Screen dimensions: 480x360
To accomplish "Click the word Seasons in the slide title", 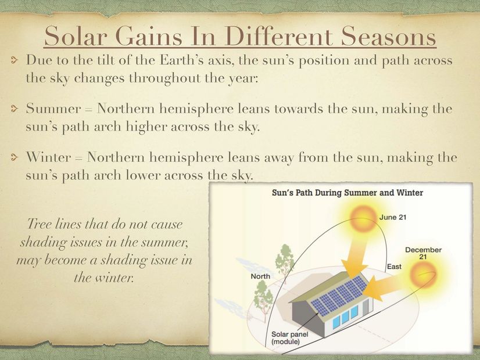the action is (x=388, y=36).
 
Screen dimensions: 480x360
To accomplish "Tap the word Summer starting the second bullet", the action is (x=53, y=109).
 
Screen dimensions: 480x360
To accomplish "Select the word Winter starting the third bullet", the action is (x=49, y=157).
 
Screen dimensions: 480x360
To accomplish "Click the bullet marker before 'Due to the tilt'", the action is (x=14, y=60).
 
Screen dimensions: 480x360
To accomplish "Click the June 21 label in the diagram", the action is (x=393, y=217).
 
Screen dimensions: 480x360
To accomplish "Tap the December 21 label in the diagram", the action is (x=424, y=253).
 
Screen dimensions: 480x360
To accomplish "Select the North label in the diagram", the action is (x=260, y=276).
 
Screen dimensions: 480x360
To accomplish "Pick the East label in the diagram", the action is (x=394, y=267).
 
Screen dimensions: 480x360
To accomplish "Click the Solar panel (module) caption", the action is (x=289, y=338).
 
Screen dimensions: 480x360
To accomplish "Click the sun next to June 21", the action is (x=363, y=218).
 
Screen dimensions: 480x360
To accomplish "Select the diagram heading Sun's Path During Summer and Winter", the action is (x=348, y=193).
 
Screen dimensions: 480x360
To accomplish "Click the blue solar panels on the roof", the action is (x=339, y=294).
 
